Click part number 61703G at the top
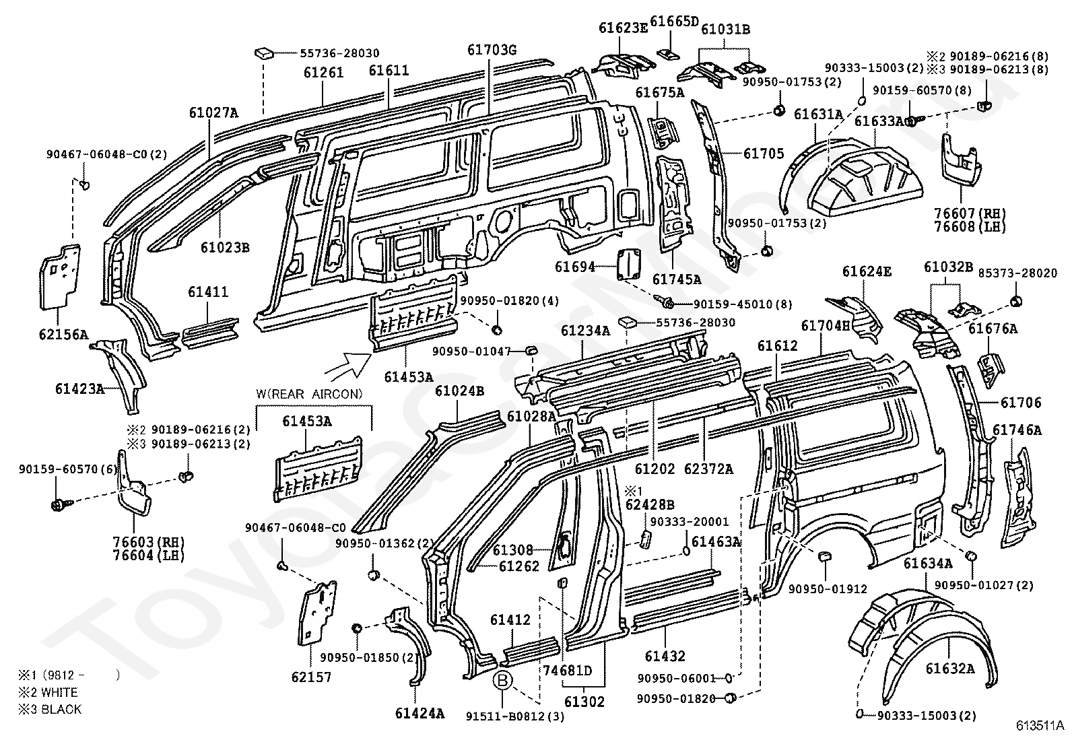492,50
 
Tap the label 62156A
64,335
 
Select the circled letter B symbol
502,680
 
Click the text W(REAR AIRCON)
309,394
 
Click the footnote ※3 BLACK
50,709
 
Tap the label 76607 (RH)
970,213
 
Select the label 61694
575,267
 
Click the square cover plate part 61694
628,264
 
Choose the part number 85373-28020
1017,273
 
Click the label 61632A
950,668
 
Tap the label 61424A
420,714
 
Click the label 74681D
567,671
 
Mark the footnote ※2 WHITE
48,692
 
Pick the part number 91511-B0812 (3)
515,716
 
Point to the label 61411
208,292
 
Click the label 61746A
1017,430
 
